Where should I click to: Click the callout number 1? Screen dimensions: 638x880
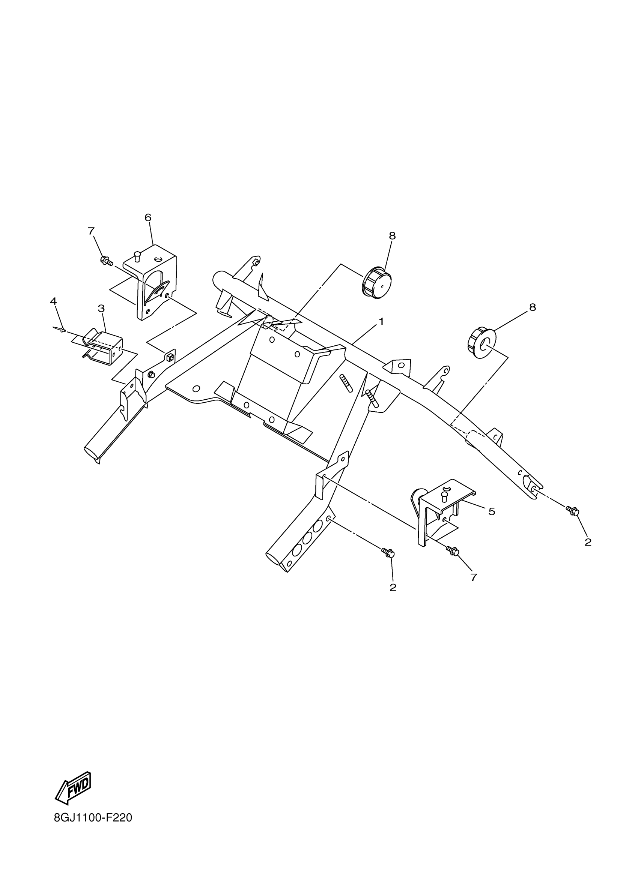tap(381, 321)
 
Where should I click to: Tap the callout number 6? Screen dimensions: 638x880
tap(148, 218)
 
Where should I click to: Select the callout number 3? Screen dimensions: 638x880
tap(101, 309)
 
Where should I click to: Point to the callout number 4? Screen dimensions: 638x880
tap(53, 301)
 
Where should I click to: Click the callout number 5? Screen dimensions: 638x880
tap(492, 512)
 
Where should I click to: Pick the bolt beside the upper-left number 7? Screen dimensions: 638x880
tap(106, 261)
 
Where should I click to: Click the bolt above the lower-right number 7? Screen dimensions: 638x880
tap(453, 550)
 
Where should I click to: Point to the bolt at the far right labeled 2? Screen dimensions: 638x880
tap(572, 511)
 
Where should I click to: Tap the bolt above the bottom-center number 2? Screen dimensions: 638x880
tap(388, 553)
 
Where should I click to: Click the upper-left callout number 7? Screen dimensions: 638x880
tap(91, 231)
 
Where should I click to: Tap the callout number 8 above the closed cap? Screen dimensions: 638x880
tap(392, 235)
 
